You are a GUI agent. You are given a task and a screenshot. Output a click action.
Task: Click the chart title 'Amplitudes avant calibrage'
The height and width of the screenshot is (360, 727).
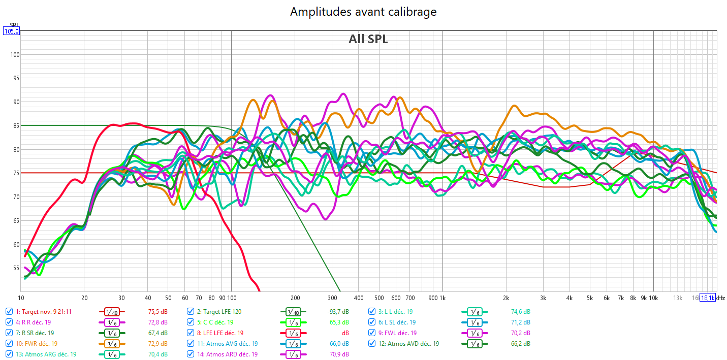point(363,12)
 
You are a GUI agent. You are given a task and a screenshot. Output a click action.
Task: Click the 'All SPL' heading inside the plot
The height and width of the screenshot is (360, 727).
point(368,39)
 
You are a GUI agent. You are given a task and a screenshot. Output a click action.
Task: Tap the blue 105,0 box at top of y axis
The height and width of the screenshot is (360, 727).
point(11,31)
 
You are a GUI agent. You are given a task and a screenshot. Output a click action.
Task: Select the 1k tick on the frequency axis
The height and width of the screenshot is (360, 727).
point(442,298)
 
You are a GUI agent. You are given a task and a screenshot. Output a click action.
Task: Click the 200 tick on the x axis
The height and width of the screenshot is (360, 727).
point(295,298)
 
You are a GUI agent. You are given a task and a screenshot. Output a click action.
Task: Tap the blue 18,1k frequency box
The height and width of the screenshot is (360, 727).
point(708,298)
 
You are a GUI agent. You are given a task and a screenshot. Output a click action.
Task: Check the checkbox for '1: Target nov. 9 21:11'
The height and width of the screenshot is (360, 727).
point(9,312)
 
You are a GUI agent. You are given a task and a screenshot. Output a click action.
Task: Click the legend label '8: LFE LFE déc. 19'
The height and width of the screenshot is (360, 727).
point(220,333)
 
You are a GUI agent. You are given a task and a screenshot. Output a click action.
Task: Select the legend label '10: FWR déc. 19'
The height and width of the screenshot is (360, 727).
point(37,344)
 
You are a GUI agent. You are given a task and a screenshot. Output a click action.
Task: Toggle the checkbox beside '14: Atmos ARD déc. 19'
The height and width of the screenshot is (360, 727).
point(191,354)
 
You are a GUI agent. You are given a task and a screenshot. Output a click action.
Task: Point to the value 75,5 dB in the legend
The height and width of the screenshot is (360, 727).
point(157,312)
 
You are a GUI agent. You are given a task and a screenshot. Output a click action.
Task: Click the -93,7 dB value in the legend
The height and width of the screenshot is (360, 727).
point(338,312)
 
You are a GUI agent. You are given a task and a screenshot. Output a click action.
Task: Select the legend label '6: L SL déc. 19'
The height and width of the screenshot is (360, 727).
point(397,322)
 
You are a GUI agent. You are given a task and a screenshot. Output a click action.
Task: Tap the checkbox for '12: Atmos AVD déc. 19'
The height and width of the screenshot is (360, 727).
point(372,344)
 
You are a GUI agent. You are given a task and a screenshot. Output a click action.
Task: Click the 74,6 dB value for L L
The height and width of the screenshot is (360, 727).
point(520,312)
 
